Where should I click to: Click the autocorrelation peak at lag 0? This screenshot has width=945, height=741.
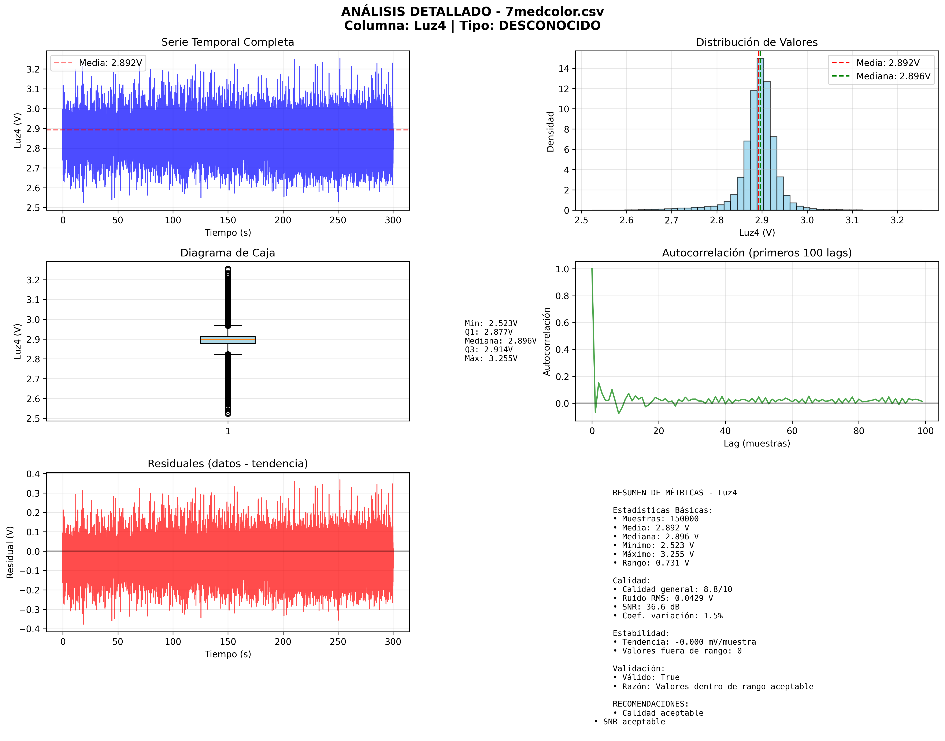[592, 269]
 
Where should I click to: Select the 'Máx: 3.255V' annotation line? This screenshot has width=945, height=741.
[491, 358]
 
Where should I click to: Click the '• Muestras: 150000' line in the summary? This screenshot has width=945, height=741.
[656, 519]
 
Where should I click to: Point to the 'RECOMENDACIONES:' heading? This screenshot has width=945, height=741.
[650, 704]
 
